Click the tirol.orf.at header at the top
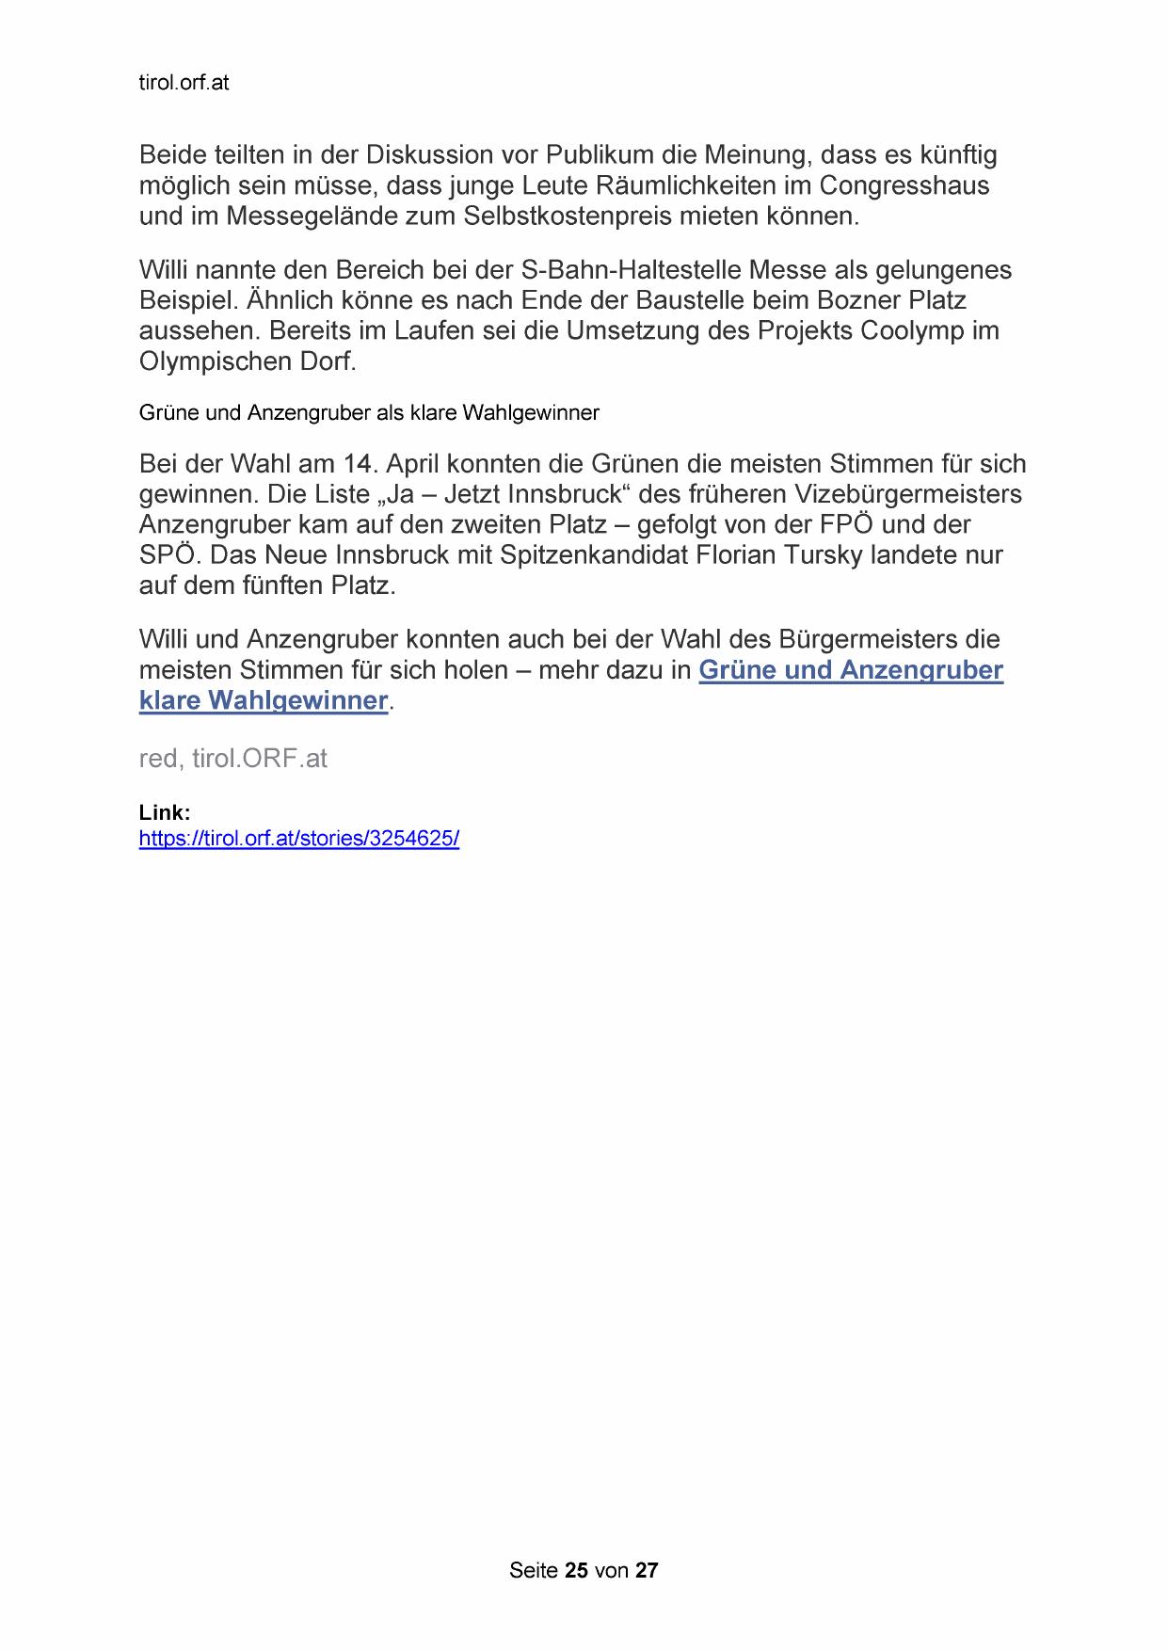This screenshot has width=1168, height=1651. (x=184, y=83)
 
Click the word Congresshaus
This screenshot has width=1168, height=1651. (x=904, y=185)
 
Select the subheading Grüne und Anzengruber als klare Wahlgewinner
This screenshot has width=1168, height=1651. (x=369, y=413)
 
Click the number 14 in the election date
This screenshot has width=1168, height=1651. (x=357, y=464)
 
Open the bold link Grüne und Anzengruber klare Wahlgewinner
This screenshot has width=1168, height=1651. (x=850, y=670)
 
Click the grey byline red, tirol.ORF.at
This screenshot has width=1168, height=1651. (x=232, y=759)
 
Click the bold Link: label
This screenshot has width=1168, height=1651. (x=165, y=812)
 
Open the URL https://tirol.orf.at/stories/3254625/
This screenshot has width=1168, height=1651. (x=298, y=839)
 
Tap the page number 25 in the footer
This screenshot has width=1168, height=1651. (x=576, y=1570)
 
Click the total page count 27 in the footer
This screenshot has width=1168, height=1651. (x=647, y=1570)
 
